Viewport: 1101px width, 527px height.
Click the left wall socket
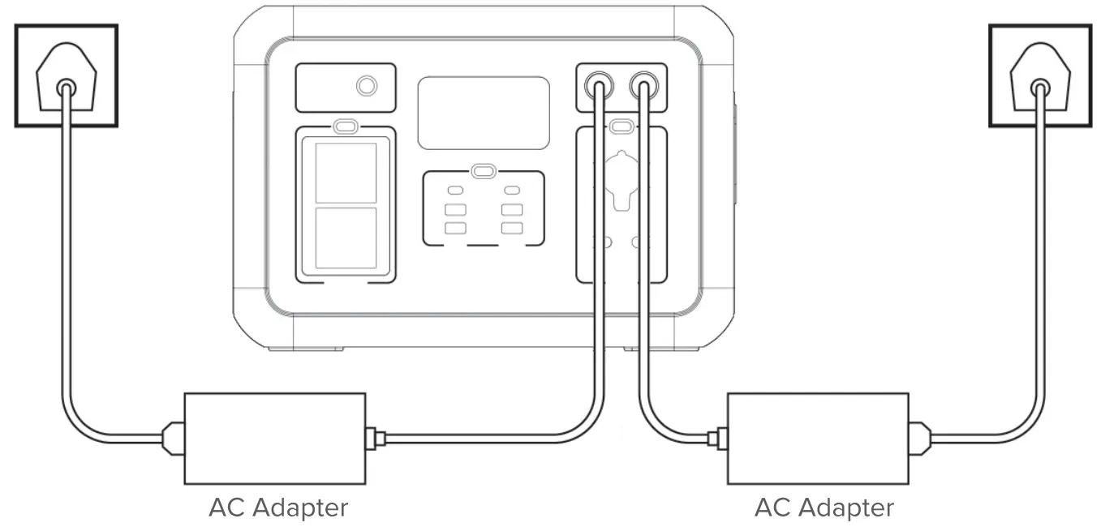click(x=67, y=75)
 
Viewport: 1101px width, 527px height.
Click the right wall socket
click(x=1039, y=75)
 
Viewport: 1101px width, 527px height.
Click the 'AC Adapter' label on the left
click(x=278, y=508)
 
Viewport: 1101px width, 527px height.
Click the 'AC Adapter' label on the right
click(x=824, y=508)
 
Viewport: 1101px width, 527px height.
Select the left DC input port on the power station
click(x=599, y=84)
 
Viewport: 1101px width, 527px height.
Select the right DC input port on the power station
click(x=644, y=84)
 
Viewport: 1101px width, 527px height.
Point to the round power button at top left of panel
click(x=367, y=86)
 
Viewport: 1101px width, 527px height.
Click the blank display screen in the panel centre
click(x=484, y=113)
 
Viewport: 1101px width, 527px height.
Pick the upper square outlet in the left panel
click(x=346, y=173)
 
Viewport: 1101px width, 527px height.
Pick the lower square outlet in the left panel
click(x=346, y=238)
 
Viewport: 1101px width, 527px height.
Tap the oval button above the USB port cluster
click(x=484, y=172)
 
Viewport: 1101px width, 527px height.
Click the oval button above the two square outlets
click(x=346, y=127)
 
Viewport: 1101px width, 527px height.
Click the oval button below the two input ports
click(x=622, y=126)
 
